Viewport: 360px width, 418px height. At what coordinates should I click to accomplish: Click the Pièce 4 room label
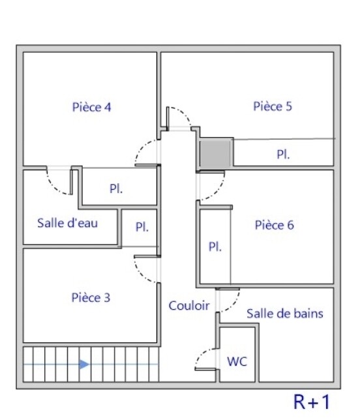tap(91, 107)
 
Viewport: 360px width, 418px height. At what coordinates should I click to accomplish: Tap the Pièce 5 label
tap(273, 106)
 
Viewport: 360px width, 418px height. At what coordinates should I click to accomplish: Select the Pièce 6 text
tap(275, 225)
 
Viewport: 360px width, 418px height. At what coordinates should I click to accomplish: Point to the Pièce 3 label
tap(91, 297)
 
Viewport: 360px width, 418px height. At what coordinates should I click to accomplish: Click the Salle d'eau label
tap(67, 223)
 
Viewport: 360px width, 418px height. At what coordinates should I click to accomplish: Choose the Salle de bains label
tap(285, 314)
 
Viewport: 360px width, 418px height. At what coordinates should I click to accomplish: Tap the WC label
tap(237, 362)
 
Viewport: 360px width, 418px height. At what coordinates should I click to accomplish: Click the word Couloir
tap(189, 306)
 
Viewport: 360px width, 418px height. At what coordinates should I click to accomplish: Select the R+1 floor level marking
tap(312, 402)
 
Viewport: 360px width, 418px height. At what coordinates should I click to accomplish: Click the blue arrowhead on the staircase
tap(84, 364)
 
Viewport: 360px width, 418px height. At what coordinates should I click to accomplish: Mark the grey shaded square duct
tap(215, 153)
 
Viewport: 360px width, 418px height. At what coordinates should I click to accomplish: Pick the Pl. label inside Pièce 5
tap(283, 155)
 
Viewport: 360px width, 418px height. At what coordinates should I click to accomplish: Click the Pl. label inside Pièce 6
tap(215, 246)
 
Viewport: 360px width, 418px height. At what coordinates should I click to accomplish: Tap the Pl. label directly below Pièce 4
tap(116, 188)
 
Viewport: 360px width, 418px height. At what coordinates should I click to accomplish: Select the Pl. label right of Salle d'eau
tap(142, 227)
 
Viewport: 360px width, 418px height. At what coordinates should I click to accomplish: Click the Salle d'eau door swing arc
tap(53, 186)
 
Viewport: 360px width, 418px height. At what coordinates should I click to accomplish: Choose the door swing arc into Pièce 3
tap(141, 275)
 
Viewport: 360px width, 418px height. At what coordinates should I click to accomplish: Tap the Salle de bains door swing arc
tap(234, 304)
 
